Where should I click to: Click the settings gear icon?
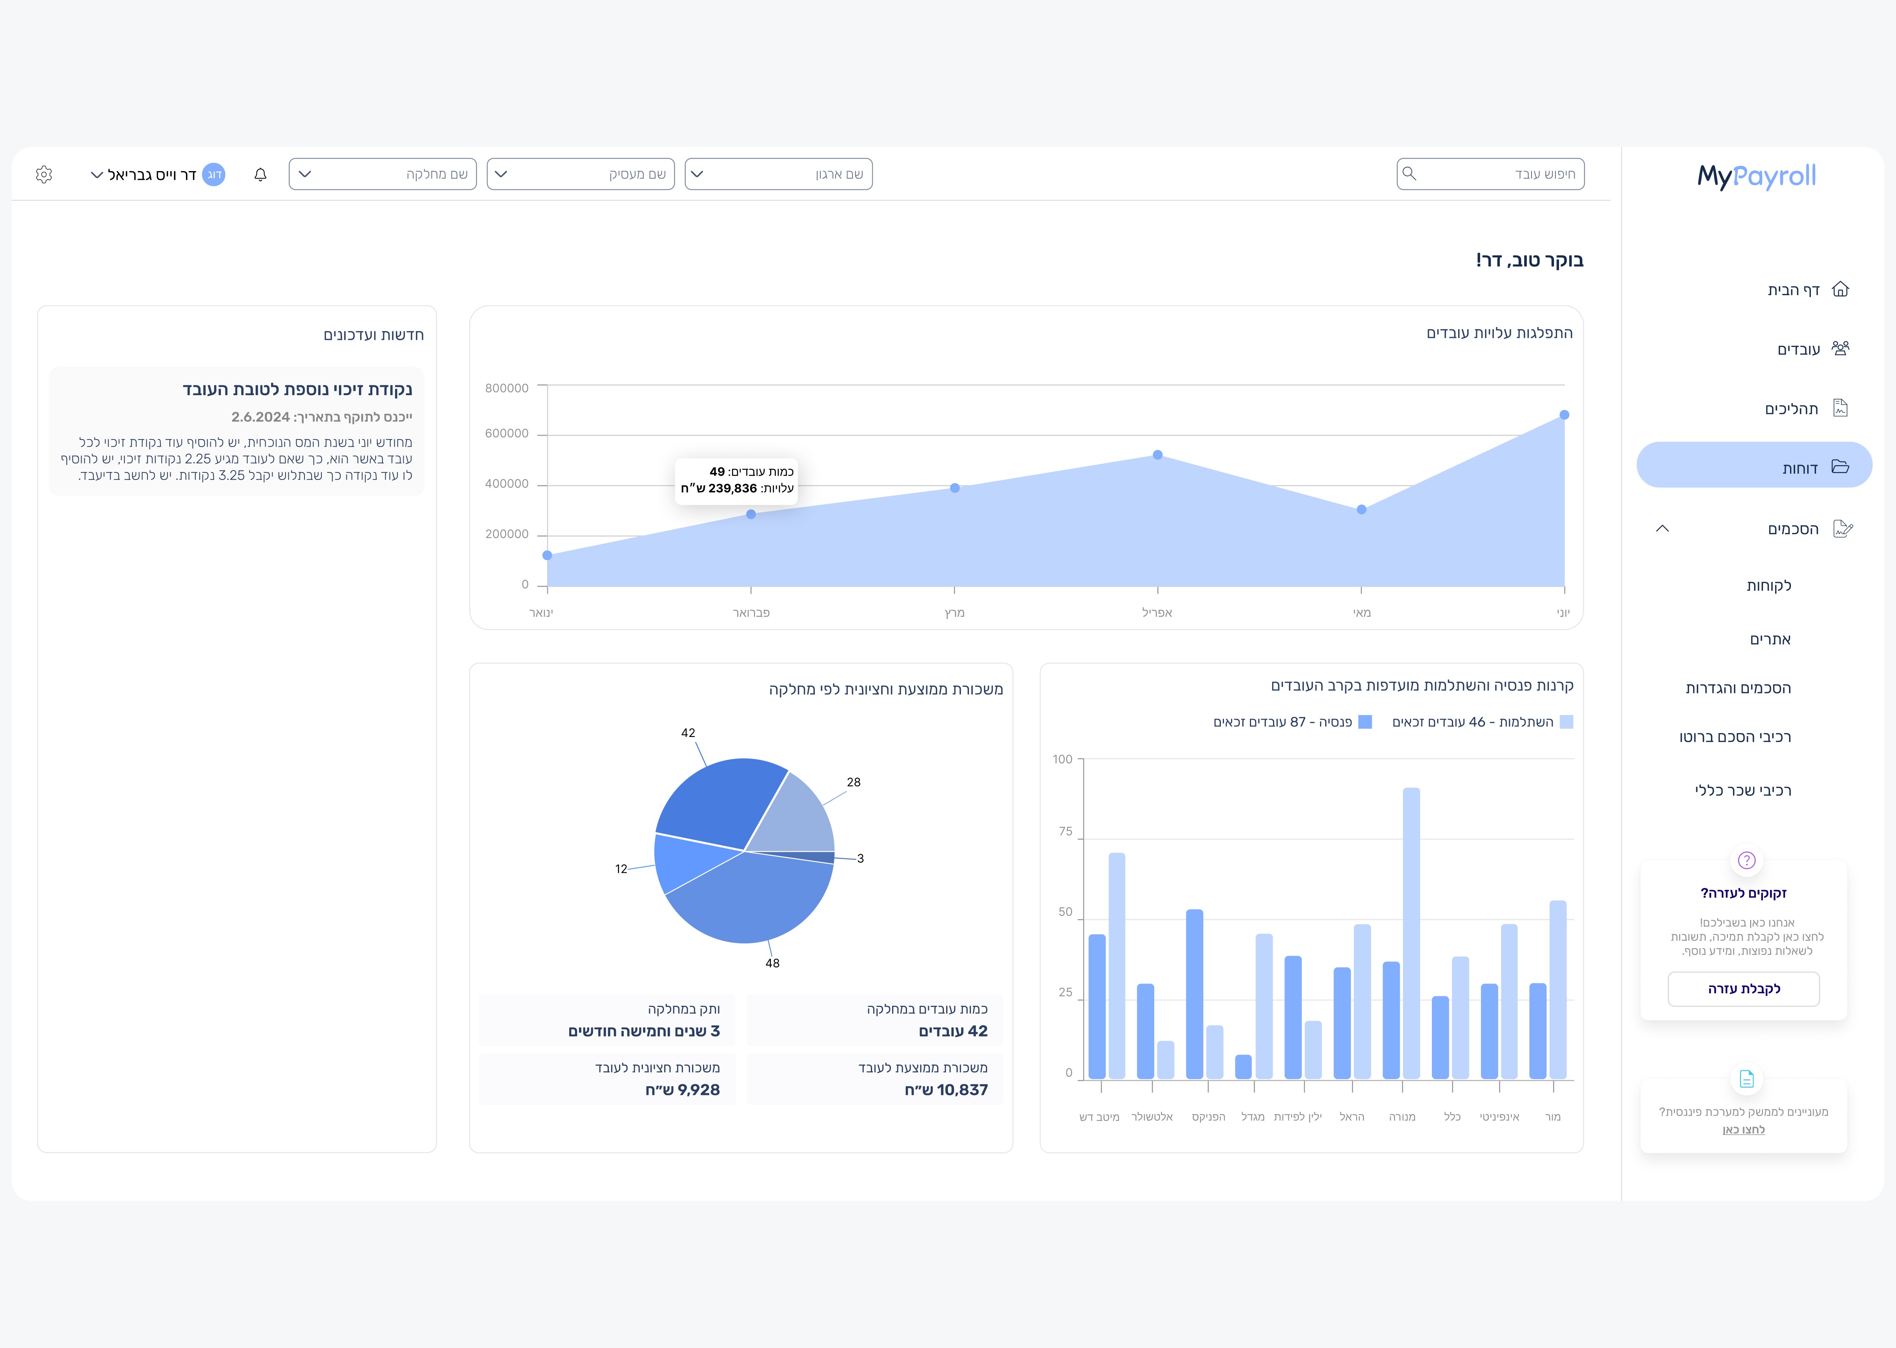(44, 174)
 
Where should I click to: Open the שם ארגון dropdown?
(778, 174)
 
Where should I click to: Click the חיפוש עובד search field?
(1490, 174)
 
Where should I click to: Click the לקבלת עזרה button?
(1743, 989)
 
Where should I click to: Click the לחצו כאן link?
(1743, 1130)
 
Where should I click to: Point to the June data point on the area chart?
(1564, 415)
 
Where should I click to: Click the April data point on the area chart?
(1158, 455)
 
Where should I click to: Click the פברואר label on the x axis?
(751, 613)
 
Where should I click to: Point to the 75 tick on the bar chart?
(1065, 832)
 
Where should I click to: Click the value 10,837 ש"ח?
(946, 1090)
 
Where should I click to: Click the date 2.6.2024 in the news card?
(260, 417)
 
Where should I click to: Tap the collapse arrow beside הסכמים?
(1662, 529)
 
